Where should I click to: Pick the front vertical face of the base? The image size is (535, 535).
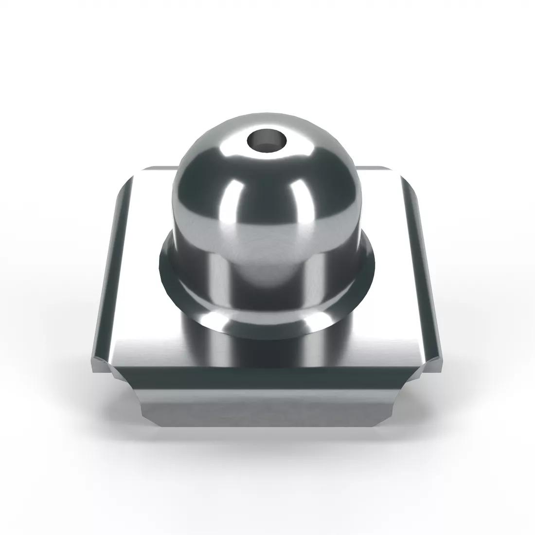[x=267, y=409]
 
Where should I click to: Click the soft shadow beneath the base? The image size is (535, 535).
[x=267, y=440]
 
